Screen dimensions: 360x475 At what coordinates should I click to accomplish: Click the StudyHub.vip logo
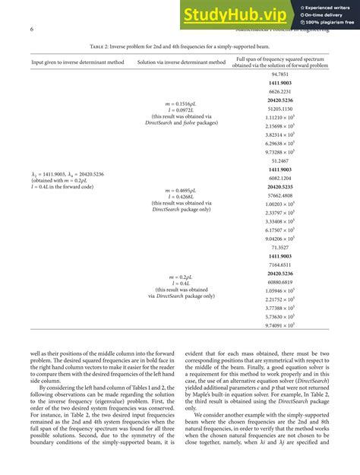(234, 15)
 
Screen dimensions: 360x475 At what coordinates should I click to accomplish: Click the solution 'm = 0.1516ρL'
(180, 103)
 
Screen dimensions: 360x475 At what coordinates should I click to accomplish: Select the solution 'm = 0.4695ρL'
(180, 190)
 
